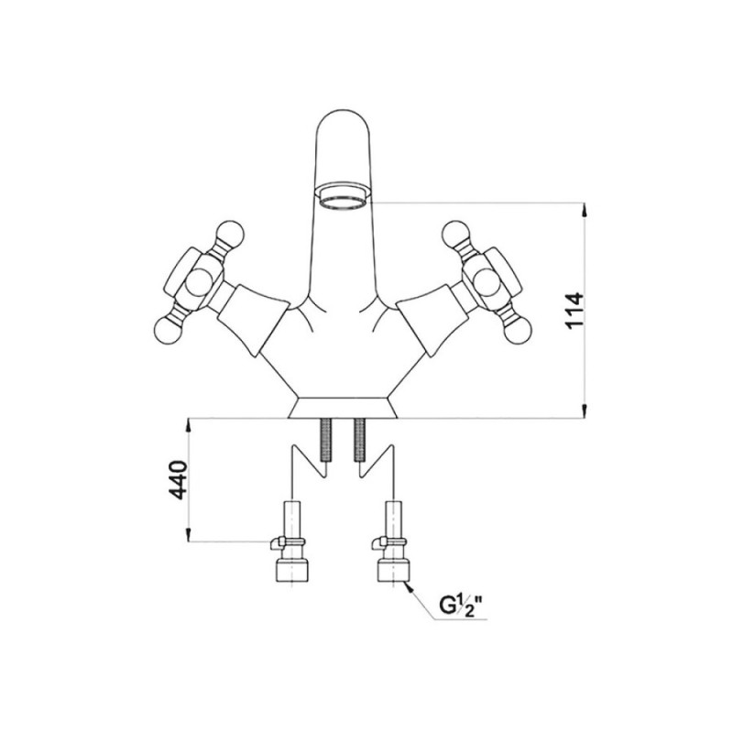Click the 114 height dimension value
coord(575,311)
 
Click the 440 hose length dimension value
coord(178,479)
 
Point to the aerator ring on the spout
coord(344,197)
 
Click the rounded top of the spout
coord(344,123)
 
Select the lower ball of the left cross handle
coord(168,330)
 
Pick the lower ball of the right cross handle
coord(519,330)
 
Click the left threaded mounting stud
coord(325,440)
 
